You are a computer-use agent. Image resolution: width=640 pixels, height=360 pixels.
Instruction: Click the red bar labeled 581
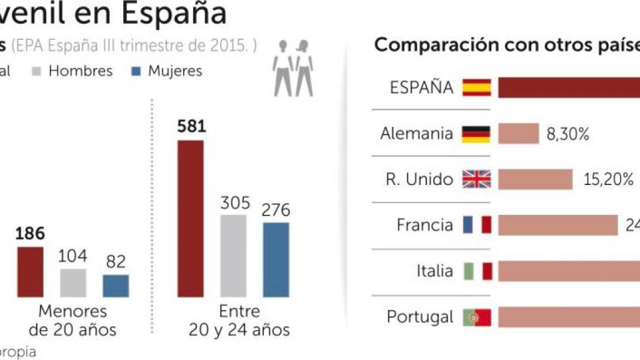191,219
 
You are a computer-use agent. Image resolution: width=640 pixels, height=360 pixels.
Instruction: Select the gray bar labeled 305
233,256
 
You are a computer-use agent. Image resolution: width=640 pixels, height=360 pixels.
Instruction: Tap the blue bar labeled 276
276,260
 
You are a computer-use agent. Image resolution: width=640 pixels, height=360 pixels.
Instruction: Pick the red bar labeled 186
30,272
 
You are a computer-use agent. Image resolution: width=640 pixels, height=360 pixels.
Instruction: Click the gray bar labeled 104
73,283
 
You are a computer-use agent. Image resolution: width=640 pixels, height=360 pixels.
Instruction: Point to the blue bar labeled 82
116,286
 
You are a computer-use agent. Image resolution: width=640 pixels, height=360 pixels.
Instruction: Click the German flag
476,134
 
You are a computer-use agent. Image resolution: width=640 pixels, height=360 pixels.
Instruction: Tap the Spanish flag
476,88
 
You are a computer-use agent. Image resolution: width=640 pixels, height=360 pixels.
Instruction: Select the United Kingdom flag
476,179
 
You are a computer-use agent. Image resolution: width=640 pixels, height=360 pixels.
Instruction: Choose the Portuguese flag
477,317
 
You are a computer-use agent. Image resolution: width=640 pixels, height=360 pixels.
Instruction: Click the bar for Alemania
518,134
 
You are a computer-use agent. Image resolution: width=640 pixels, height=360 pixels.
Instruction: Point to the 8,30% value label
568,134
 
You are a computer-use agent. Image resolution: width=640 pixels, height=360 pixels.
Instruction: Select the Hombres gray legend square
37,72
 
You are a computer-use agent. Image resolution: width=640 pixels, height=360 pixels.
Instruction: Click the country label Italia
435,271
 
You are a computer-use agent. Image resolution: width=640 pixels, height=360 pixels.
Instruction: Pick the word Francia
425,225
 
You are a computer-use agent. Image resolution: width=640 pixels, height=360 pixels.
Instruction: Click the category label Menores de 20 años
73,320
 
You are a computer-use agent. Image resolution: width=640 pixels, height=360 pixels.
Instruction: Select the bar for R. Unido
535,179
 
